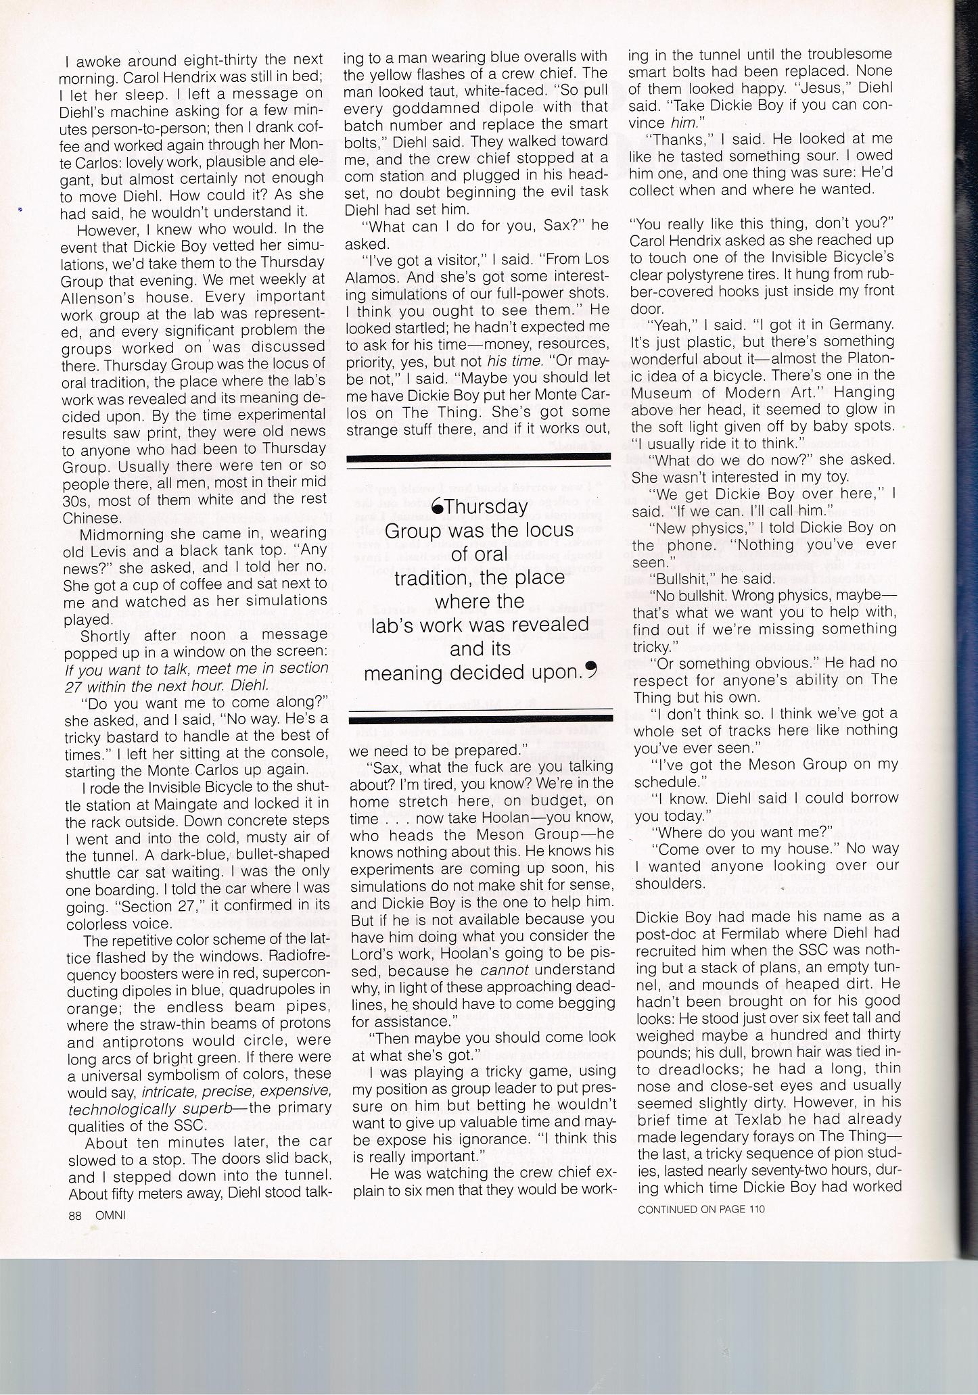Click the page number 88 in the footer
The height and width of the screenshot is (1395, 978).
coord(74,1214)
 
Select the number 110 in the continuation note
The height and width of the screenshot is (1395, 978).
coord(756,1208)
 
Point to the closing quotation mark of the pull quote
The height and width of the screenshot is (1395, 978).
coord(591,671)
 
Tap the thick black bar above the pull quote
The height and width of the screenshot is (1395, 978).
coord(479,460)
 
